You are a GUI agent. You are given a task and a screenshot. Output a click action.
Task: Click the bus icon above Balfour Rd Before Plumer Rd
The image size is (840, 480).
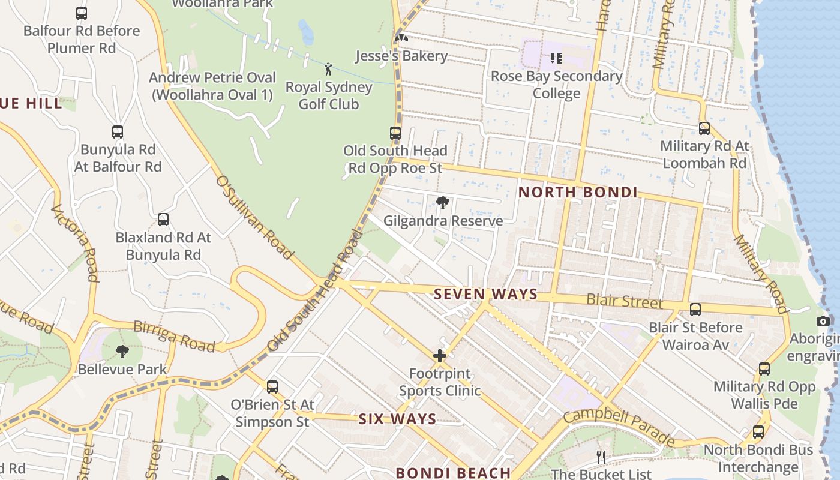[x=82, y=13]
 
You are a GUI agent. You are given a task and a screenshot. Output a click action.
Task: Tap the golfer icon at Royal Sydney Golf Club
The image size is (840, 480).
[x=328, y=68]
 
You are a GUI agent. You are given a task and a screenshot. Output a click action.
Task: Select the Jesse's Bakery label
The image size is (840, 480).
[x=401, y=56]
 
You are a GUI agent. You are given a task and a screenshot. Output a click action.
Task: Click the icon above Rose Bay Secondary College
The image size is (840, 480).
[x=556, y=58]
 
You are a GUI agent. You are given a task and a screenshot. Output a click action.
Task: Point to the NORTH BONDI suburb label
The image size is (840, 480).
[x=578, y=193]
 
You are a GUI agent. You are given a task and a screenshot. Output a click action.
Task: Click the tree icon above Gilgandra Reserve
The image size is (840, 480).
[x=443, y=203]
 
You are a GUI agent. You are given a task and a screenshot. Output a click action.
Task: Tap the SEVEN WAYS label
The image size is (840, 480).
[x=485, y=294]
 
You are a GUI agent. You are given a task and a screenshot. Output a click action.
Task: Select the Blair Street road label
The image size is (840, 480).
[x=625, y=301]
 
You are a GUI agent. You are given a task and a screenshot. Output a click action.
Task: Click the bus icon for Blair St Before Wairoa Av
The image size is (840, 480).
[x=695, y=310]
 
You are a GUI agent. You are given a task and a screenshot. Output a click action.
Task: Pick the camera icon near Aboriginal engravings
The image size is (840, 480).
[x=824, y=321]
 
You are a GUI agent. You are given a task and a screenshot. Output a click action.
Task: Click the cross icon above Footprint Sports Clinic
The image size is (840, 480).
[x=440, y=356]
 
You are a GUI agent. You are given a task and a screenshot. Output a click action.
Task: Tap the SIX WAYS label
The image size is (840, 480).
[x=397, y=419]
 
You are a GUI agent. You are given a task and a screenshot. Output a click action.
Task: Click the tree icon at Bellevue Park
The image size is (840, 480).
[x=122, y=351]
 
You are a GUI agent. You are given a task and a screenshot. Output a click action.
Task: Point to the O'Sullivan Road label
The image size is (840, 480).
[x=254, y=217]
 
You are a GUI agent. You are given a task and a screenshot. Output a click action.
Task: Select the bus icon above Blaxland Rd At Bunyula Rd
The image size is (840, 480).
[x=163, y=220]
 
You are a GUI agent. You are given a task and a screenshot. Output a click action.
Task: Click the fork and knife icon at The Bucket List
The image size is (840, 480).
[x=601, y=457]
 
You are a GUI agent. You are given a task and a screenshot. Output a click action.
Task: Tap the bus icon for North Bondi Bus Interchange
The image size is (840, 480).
[x=758, y=431]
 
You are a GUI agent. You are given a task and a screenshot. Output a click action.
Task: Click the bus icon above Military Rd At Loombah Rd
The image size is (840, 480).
[x=704, y=128]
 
